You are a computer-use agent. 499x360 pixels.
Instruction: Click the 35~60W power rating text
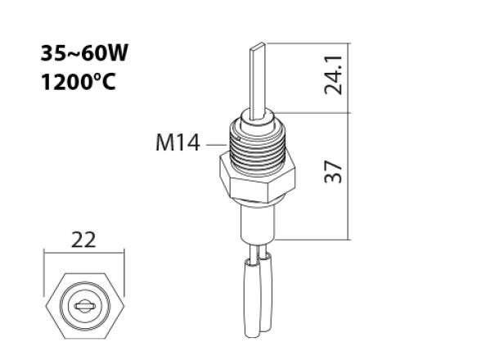coord(84,54)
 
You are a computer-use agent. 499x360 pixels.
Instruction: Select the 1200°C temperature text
coord(78,83)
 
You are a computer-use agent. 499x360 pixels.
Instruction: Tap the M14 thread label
coord(178,144)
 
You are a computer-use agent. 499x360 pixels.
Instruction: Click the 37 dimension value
coord(332,172)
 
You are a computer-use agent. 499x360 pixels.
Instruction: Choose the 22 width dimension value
coord(84,240)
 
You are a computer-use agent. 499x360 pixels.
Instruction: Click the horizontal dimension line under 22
coord(84,254)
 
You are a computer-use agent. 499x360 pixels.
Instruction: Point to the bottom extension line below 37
coord(315,240)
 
